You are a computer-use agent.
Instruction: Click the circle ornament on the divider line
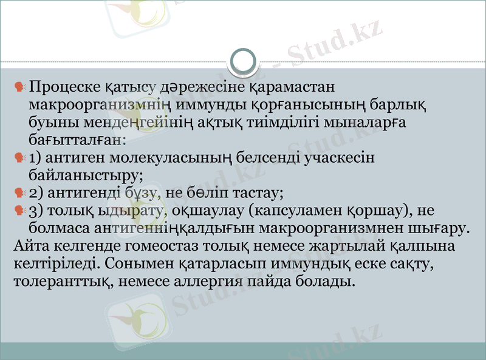pyautogui.click(x=244, y=61)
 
